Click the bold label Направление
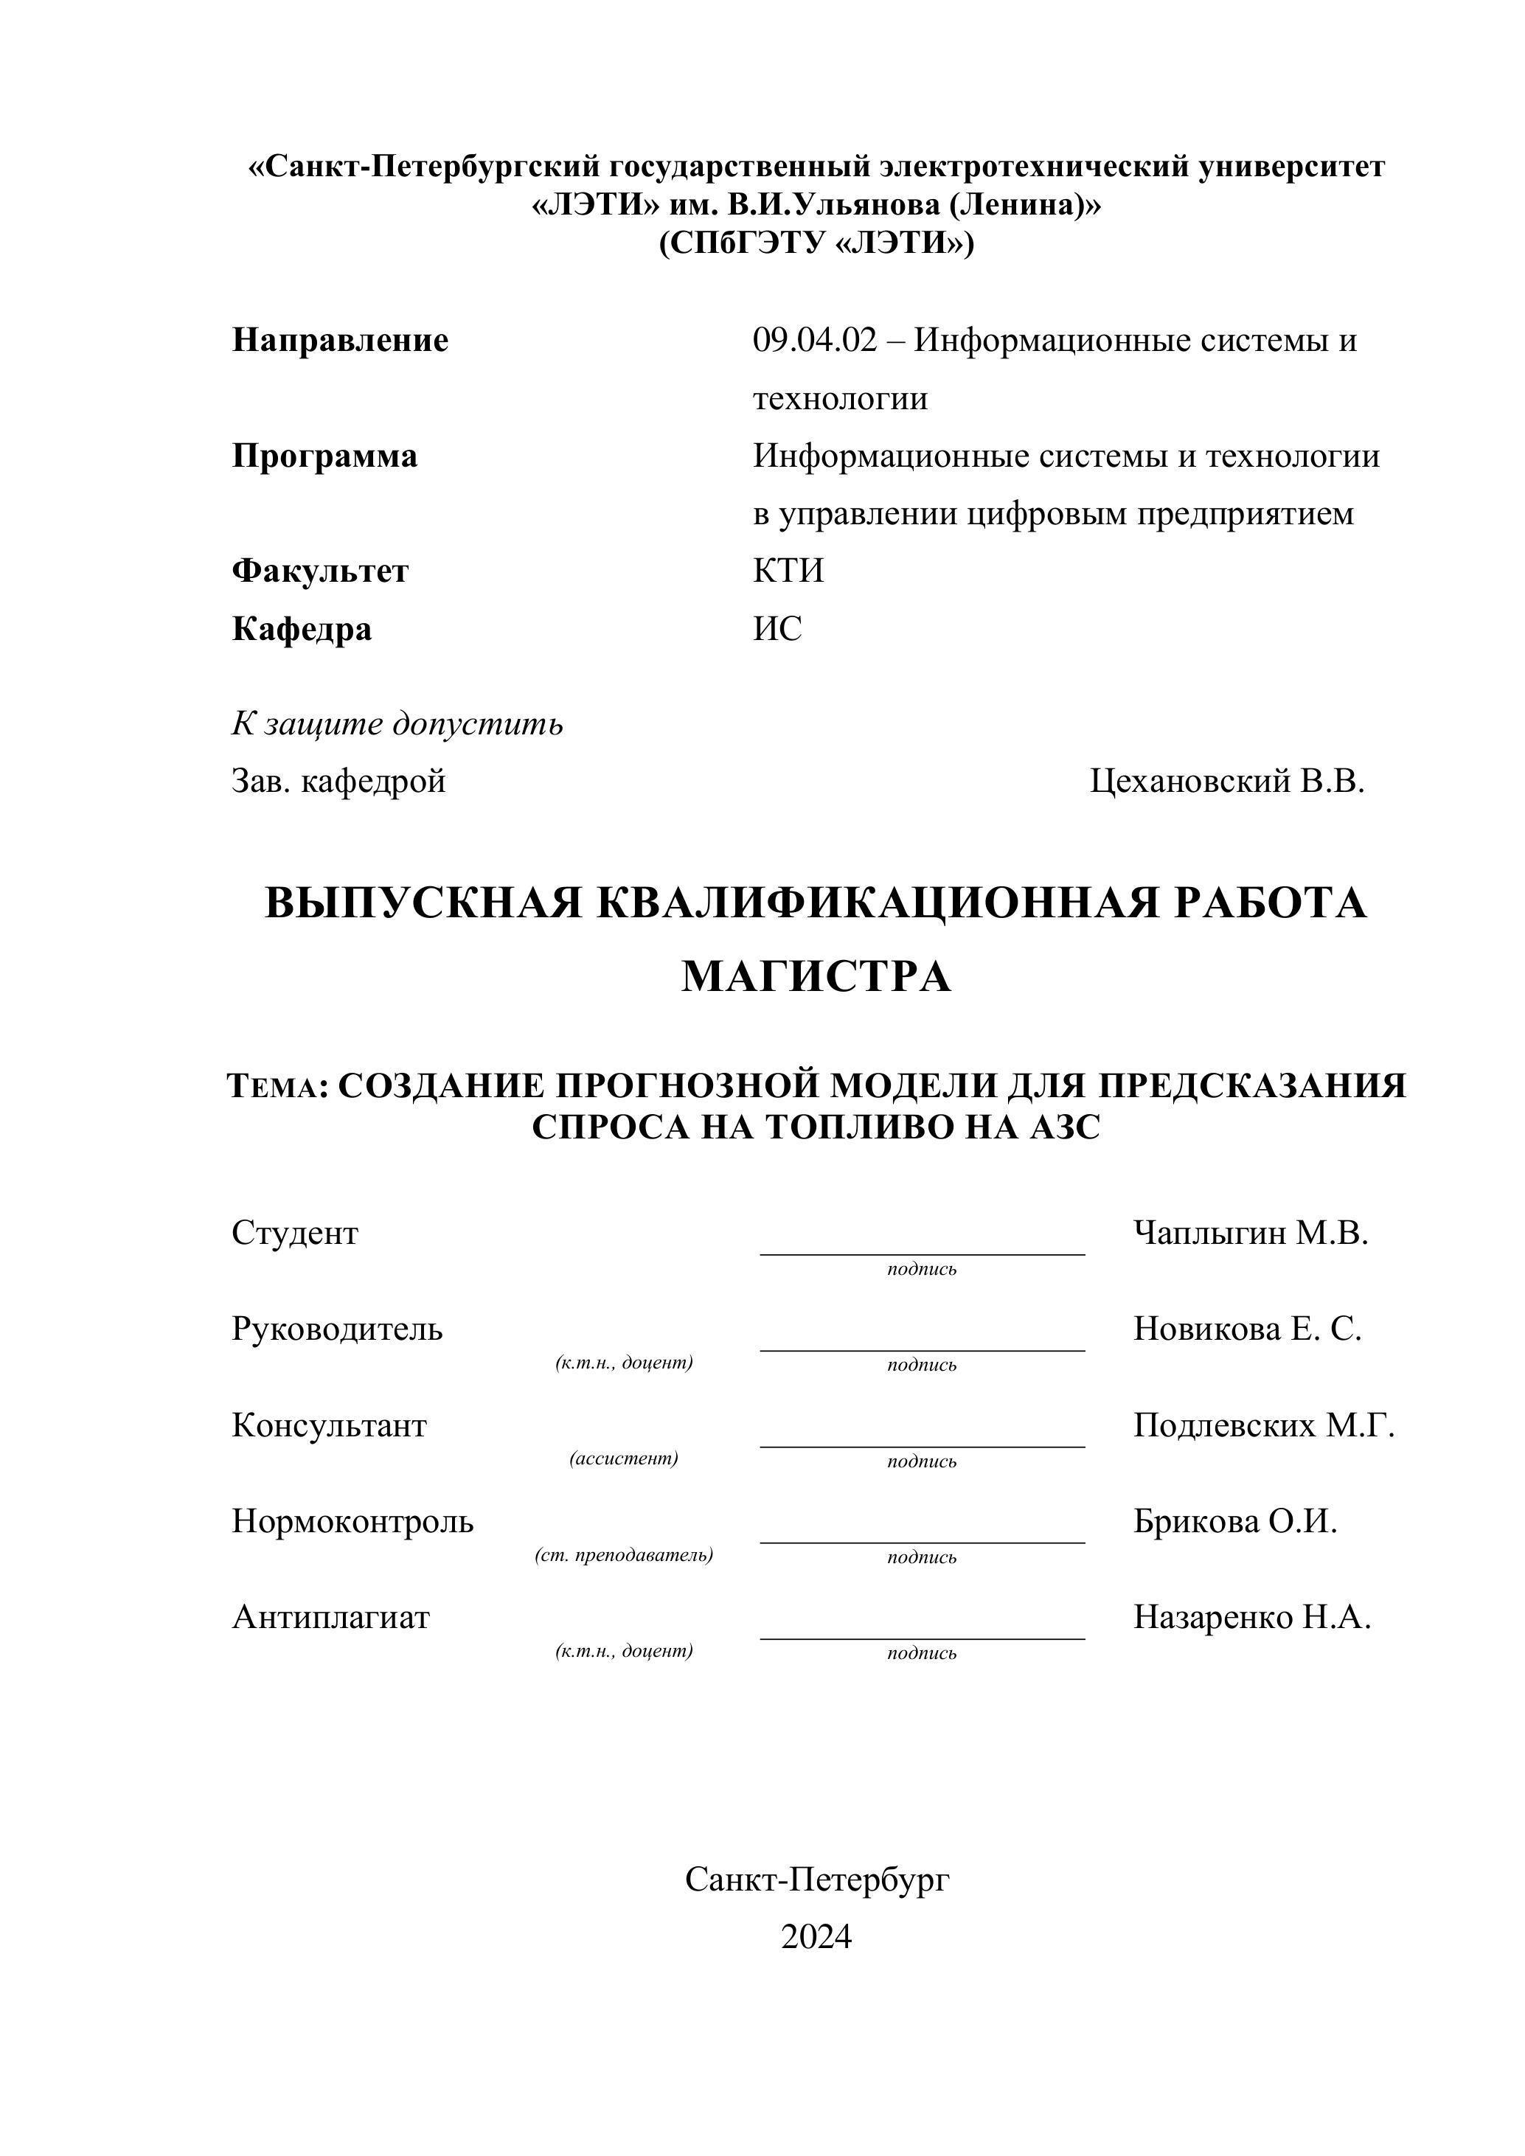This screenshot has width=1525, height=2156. [x=340, y=340]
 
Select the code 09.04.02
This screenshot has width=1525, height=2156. [x=814, y=340]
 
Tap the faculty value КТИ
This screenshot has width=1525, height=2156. [x=788, y=571]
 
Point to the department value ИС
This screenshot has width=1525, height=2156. [x=777, y=628]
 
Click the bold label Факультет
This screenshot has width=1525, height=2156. [x=320, y=571]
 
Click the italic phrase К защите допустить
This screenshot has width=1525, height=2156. [x=397, y=723]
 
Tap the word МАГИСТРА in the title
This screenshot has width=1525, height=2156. [x=816, y=976]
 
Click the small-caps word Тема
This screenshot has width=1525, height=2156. [x=275, y=1086]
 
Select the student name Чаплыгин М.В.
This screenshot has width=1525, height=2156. [x=1251, y=1233]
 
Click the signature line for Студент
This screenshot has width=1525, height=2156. [x=921, y=1253]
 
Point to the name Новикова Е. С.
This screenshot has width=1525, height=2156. [x=1247, y=1329]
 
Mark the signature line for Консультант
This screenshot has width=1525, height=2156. [x=921, y=1446]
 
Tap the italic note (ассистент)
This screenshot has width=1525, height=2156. [x=624, y=1458]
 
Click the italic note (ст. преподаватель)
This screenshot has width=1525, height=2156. [x=624, y=1554]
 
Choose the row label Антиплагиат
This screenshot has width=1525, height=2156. [x=330, y=1617]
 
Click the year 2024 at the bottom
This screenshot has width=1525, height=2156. [x=816, y=1936]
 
